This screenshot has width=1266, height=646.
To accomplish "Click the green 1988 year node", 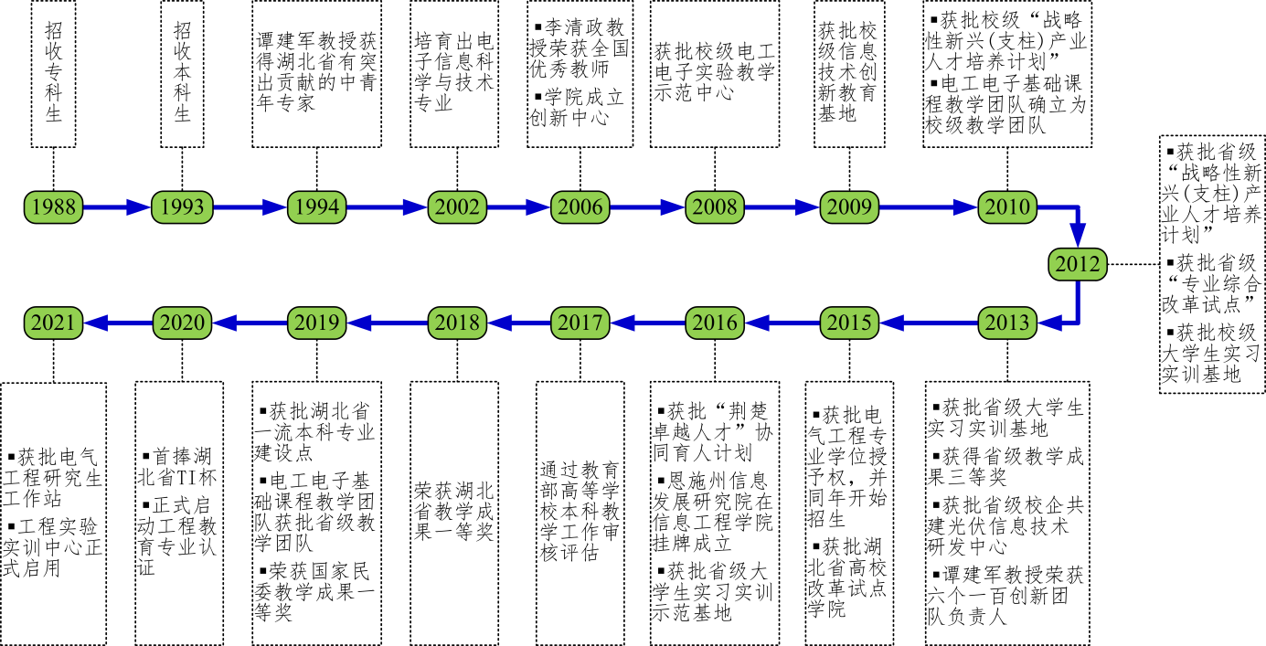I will pyautogui.click(x=53, y=207).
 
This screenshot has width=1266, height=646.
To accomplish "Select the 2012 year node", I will pyautogui.click(x=1077, y=264).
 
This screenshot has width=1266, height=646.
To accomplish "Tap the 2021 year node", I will pyautogui.click(x=53, y=322).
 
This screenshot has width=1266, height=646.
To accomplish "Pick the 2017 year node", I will pyautogui.click(x=580, y=322).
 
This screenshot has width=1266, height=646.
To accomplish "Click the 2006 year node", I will pyautogui.click(x=580, y=207).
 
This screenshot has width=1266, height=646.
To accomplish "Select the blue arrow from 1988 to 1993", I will pyautogui.click(x=116, y=207).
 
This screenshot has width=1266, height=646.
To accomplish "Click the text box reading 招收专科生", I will pyautogui.click(x=53, y=73).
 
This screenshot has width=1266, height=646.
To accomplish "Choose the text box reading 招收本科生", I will pyautogui.click(x=182, y=73).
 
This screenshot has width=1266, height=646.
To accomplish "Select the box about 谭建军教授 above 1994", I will pyautogui.click(x=316, y=73).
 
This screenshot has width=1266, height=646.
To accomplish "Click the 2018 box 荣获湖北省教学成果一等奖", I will pyautogui.click(x=454, y=512).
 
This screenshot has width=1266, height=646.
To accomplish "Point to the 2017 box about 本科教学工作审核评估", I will pyautogui.click(x=580, y=512).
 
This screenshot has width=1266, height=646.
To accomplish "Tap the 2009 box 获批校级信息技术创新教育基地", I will pyautogui.click(x=849, y=73).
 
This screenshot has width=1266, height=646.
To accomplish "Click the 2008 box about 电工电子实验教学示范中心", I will pyautogui.click(x=714, y=73).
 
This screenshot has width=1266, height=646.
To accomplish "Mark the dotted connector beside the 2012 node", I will pyautogui.click(x=1132, y=264).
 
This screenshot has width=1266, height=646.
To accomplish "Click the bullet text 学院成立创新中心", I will pyautogui.click(x=578, y=108).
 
